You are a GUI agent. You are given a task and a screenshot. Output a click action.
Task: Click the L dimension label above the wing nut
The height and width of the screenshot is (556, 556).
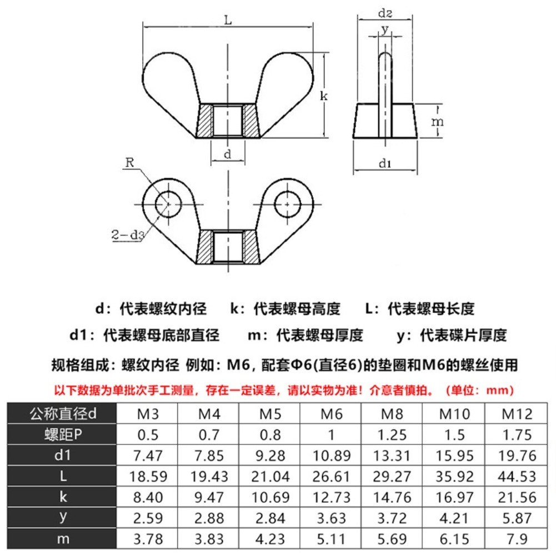228,21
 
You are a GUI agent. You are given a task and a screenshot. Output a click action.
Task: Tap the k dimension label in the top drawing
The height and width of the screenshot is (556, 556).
324,96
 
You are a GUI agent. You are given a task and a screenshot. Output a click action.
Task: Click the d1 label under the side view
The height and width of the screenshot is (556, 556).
385,163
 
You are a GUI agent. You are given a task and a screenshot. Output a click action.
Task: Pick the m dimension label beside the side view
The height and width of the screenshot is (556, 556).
438,121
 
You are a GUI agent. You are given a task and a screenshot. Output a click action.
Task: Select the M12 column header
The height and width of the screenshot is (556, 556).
517,414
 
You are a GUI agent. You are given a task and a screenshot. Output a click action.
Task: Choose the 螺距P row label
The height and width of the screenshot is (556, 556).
62,435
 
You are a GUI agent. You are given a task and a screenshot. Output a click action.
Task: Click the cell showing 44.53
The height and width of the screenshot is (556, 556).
517,477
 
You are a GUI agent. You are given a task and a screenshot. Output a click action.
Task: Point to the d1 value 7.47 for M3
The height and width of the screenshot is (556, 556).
147,456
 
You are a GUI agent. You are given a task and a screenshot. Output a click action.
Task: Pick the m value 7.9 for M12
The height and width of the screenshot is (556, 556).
517,539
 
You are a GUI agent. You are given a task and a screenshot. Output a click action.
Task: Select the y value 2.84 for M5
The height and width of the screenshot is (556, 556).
270,518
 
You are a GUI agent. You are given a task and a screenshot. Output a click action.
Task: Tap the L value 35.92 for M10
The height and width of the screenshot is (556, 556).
454,477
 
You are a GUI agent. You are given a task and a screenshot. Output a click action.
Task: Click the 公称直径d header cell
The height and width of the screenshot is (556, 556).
62,414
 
